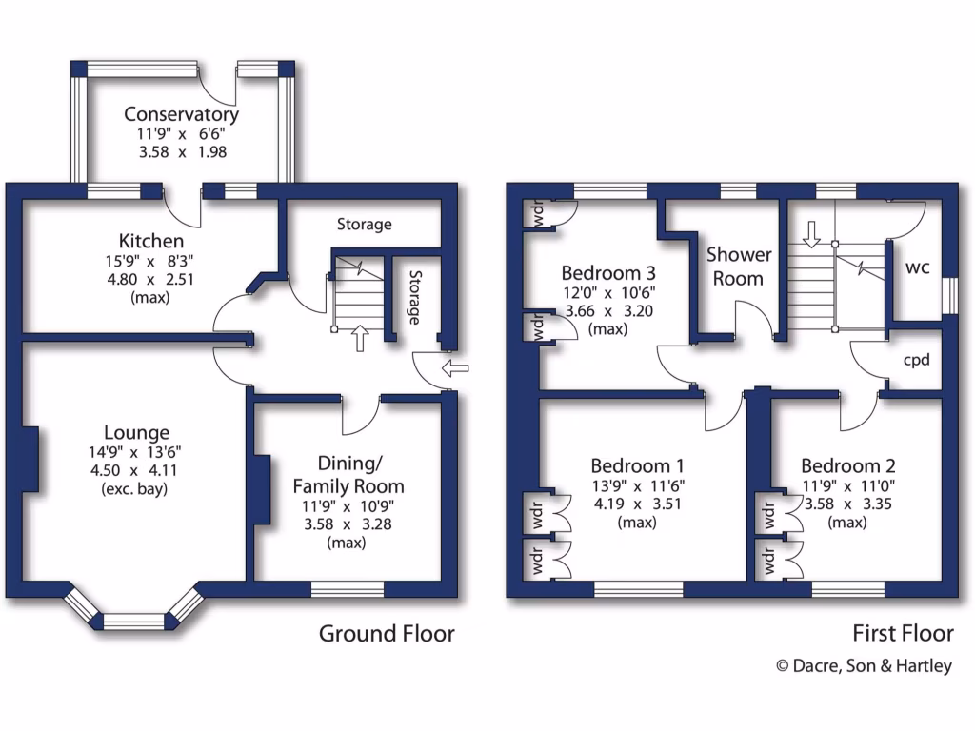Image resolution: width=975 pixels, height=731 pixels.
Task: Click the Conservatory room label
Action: [181, 114]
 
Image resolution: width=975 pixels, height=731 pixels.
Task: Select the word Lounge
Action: [138, 432]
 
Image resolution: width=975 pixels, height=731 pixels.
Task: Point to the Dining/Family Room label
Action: [348, 475]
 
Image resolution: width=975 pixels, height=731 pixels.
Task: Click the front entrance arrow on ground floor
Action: [457, 367]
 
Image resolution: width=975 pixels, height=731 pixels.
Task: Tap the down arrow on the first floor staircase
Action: [811, 233]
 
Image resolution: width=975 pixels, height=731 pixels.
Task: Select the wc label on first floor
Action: [916, 267]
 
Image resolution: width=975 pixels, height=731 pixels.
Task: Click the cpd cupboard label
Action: [916, 360]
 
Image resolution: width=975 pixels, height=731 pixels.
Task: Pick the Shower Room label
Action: [738, 267]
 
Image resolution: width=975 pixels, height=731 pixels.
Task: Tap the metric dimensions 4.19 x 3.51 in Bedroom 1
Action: [637, 504]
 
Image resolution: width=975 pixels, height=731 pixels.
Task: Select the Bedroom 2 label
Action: [847, 466]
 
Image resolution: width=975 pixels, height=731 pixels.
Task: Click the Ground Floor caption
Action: [386, 633]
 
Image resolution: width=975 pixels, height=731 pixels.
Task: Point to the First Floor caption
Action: [903, 633]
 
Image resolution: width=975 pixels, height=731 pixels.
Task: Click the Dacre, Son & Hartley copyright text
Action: [864, 666]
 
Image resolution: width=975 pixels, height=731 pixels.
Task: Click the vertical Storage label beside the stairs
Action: [414, 298]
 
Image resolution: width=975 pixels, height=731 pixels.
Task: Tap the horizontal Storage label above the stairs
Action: [364, 225]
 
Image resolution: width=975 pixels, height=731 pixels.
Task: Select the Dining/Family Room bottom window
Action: [348, 590]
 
